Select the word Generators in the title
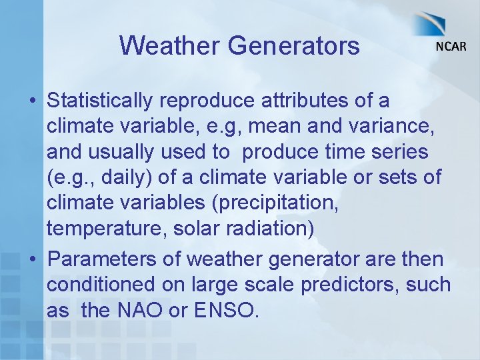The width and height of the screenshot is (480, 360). [293, 46]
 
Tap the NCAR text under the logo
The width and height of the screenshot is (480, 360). [451, 47]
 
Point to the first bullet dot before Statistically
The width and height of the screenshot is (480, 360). [33, 101]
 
